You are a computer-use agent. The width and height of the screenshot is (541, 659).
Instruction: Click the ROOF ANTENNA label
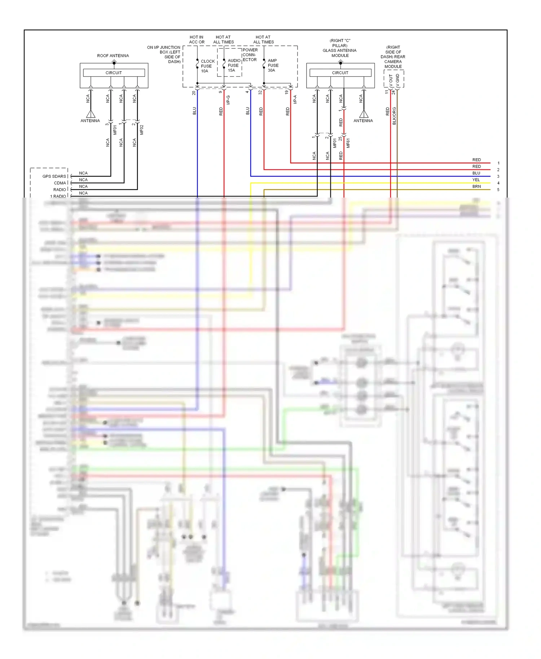[x=113, y=56]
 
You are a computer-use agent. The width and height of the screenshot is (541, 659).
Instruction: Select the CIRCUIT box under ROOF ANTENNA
[x=114, y=72]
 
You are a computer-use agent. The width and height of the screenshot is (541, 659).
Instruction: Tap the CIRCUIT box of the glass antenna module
[x=340, y=72]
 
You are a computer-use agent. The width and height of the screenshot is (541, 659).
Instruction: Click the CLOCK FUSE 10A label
[x=207, y=66]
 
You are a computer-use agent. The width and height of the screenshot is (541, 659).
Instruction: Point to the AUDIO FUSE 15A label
[x=234, y=65]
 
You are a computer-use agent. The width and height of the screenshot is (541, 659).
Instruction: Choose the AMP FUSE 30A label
[x=273, y=65]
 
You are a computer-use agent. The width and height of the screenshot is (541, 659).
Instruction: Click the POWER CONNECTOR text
[x=250, y=55]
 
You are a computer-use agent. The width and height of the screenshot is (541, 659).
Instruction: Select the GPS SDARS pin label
[x=54, y=176]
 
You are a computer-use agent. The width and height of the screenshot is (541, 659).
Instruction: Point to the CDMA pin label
[x=60, y=183]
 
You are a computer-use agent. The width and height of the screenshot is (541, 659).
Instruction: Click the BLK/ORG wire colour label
[x=394, y=116]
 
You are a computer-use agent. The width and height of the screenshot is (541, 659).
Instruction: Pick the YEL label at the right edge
[x=476, y=180]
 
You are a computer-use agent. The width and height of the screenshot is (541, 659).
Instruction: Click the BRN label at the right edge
[x=476, y=186]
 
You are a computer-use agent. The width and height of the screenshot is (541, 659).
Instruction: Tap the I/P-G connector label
[x=228, y=100]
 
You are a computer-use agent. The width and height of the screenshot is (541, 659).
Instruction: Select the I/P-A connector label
[x=295, y=99]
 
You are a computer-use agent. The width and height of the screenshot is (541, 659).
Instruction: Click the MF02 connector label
[x=141, y=130]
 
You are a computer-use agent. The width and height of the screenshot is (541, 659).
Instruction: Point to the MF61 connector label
[x=348, y=143]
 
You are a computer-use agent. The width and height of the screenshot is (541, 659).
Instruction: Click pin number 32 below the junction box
[x=260, y=92]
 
